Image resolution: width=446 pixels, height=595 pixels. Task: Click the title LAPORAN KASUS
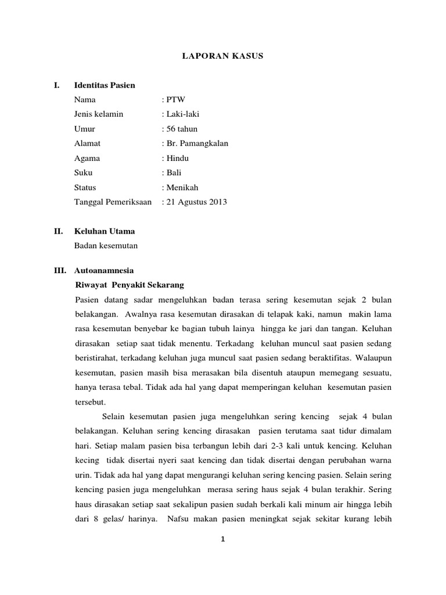(223, 56)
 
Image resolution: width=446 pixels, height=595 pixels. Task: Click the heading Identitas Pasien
(105, 85)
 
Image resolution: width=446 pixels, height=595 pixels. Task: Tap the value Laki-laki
(182, 114)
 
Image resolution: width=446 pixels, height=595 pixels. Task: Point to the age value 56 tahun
(182, 129)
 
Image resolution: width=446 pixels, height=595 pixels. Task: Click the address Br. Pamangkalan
(197, 144)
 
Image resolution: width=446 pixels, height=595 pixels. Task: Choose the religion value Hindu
(177, 158)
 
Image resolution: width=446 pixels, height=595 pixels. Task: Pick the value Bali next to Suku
(174, 173)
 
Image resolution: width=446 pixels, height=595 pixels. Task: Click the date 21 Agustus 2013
(196, 202)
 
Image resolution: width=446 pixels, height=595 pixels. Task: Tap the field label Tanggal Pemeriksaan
(113, 202)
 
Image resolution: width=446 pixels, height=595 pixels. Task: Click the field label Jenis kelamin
(99, 114)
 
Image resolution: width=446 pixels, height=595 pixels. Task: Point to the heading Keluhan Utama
(105, 231)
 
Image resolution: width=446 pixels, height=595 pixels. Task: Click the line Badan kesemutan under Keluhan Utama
(106, 246)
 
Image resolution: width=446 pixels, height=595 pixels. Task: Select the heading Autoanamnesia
(104, 270)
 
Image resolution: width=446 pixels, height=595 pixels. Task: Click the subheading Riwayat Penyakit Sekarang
(130, 285)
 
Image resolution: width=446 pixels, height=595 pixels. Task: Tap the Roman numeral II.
(57, 231)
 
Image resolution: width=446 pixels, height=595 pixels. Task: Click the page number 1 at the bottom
(223, 539)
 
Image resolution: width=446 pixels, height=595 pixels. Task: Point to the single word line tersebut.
(91, 402)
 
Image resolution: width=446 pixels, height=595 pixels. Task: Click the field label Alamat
(87, 144)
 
